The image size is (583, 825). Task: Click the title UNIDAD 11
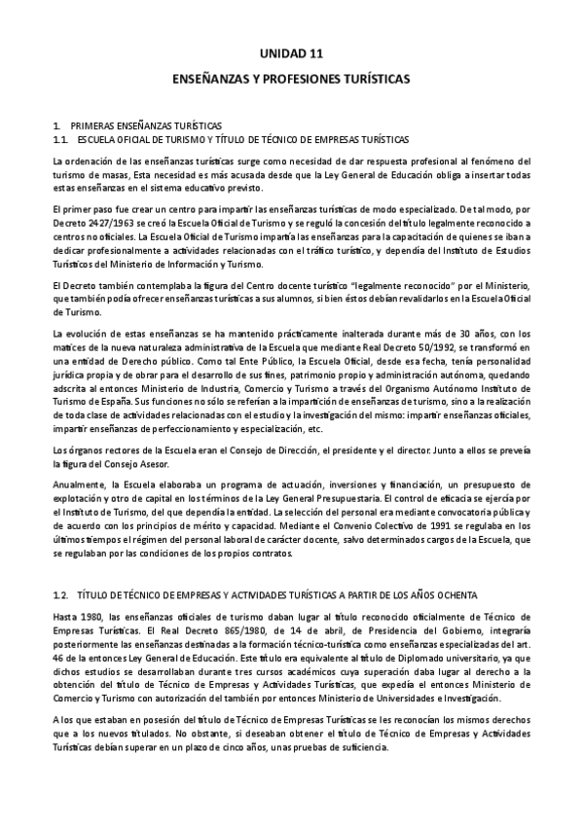click(291, 55)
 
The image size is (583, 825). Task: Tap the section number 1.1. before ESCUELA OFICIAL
click(62, 139)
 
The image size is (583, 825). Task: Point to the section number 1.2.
click(62, 592)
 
